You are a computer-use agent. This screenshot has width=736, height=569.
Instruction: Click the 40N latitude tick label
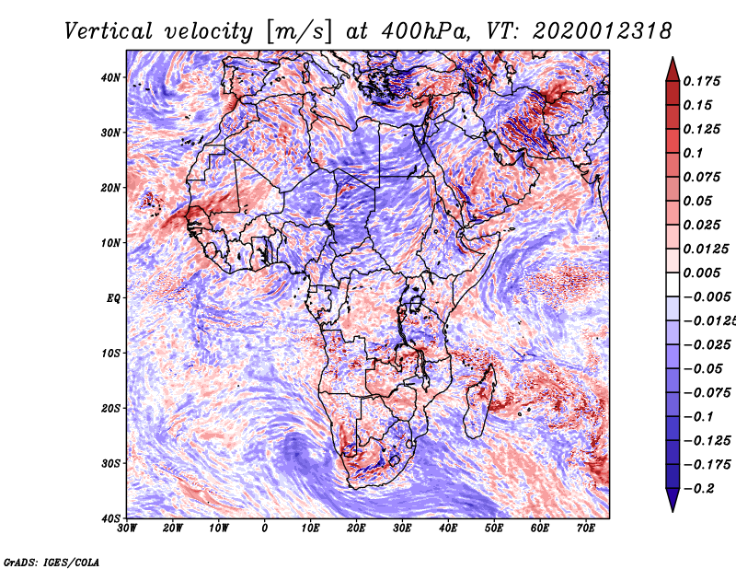110,77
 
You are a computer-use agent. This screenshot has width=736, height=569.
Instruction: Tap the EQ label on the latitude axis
113,298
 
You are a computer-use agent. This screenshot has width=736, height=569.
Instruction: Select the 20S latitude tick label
110,408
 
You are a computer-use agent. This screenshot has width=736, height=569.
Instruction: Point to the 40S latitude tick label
110,518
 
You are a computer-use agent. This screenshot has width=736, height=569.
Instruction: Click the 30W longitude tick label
127,528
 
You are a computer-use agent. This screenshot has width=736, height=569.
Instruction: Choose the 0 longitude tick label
265,528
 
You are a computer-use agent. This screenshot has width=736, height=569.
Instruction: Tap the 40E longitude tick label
448,528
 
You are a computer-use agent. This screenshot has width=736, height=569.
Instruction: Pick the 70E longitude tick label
586,528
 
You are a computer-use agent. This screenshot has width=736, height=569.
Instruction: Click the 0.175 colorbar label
702,82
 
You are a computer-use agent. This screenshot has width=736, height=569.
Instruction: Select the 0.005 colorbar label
702,273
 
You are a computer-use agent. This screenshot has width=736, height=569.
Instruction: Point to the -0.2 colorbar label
698,489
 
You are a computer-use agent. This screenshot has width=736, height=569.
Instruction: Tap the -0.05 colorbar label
703,369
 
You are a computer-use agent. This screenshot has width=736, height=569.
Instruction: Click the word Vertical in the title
109,31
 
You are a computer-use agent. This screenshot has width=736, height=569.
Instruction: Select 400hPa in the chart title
424,31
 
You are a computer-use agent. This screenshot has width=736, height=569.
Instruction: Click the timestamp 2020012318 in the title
603,31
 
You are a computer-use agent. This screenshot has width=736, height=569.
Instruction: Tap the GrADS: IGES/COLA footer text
52,562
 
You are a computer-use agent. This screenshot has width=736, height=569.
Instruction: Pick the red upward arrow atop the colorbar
673,69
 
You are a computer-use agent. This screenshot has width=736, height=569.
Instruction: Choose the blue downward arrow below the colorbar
673,500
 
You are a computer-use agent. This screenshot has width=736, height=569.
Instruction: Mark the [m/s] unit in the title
299,31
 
